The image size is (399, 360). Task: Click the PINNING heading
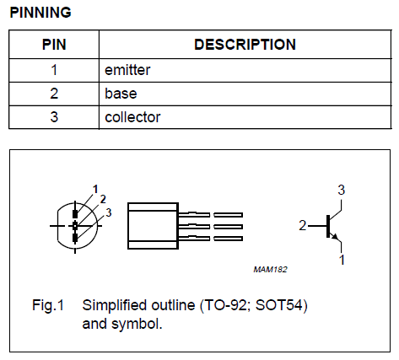(x=40, y=13)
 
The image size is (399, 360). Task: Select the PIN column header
(x=54, y=45)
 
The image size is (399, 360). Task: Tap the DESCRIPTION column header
(x=245, y=45)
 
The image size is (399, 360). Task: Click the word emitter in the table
(x=127, y=70)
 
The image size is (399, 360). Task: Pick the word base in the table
(x=121, y=94)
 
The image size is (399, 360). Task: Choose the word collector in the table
(x=132, y=117)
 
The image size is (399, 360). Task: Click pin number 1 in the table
(x=54, y=70)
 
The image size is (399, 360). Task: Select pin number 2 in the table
(x=54, y=94)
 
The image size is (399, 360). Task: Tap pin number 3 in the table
(x=54, y=117)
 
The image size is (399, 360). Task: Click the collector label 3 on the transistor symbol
(x=341, y=190)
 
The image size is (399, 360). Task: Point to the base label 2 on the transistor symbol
(x=302, y=225)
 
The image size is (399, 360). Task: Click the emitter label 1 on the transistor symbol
(x=342, y=260)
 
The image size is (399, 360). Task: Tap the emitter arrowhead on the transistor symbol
(x=335, y=237)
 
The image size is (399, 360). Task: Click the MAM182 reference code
(x=270, y=270)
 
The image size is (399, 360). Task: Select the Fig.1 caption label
(x=48, y=305)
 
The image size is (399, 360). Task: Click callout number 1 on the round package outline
(x=95, y=189)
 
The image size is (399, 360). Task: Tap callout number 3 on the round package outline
(x=109, y=212)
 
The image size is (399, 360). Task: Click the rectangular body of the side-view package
(x=153, y=226)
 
